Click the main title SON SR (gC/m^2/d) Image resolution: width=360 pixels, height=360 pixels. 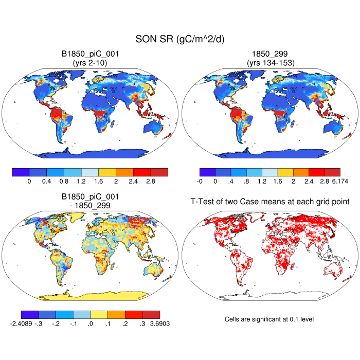pos(180,39)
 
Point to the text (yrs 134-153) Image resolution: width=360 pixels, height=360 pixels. pos(269,63)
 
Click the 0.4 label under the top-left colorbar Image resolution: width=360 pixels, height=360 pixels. pos(47,182)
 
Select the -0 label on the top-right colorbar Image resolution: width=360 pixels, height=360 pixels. pos(200,182)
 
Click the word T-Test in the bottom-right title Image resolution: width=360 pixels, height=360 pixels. pos(197,203)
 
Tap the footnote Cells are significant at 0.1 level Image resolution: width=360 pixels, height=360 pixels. pos(269,319)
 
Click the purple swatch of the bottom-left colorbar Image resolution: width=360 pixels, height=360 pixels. pos(29,314)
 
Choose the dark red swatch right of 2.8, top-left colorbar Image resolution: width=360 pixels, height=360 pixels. pos(159,172)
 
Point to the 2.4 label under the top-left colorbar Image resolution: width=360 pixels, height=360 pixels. pos(133,182)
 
